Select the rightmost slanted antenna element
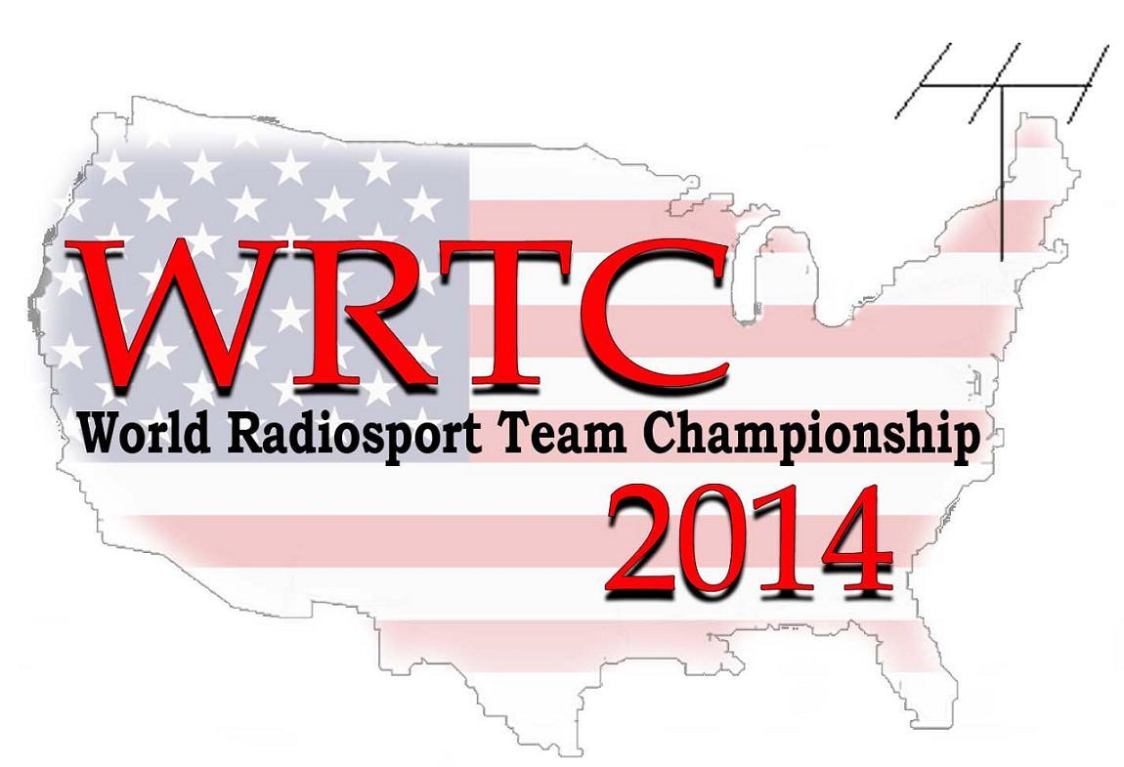point(1087,83)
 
